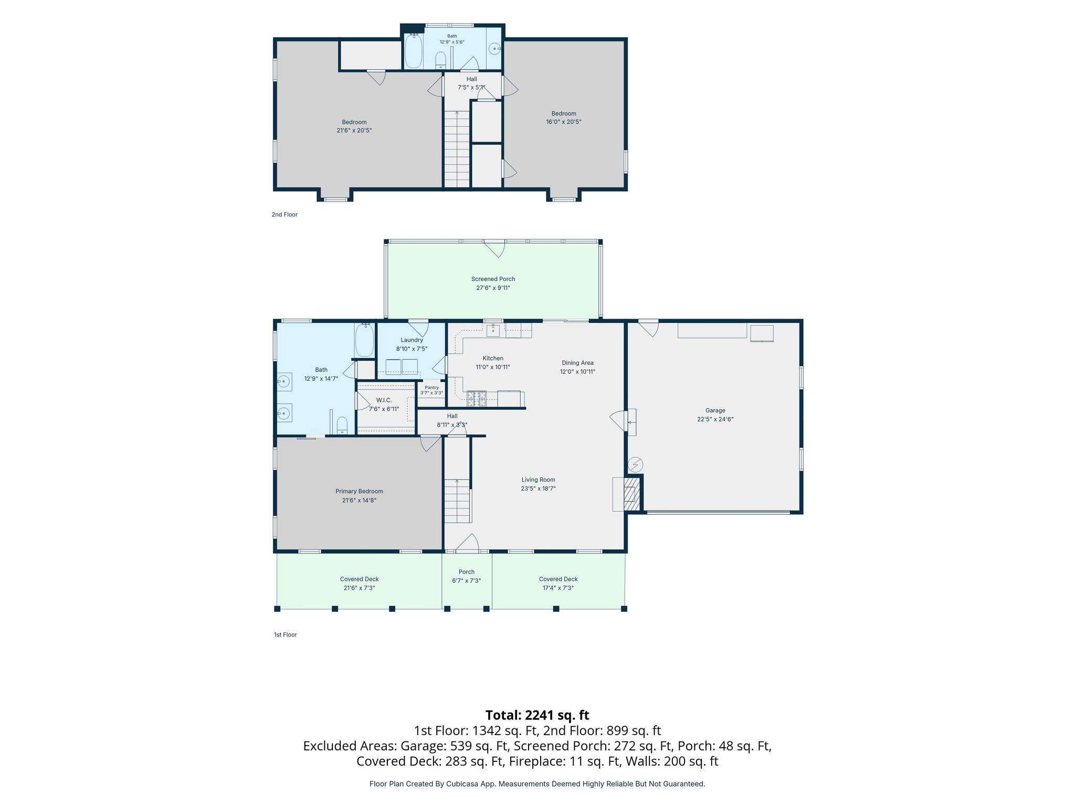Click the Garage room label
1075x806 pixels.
pyautogui.click(x=715, y=410)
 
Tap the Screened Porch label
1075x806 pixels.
pyautogui.click(x=493, y=279)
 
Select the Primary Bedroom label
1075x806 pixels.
pyautogui.click(x=359, y=491)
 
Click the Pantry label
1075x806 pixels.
pyautogui.click(x=431, y=387)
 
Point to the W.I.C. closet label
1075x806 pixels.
pyautogui.click(x=384, y=400)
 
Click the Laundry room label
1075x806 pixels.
pyautogui.click(x=412, y=340)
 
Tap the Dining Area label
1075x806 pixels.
pyautogui.click(x=577, y=363)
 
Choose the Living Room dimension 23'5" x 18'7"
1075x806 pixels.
pyautogui.click(x=538, y=489)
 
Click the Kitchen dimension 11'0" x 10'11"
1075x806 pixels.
pyautogui.click(x=493, y=367)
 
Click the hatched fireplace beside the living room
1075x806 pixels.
pyautogui.click(x=632, y=494)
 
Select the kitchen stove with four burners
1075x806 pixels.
pyautogui.click(x=477, y=399)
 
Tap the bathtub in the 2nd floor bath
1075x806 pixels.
pyautogui.click(x=414, y=51)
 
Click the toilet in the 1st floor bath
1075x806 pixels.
pyautogui.click(x=342, y=426)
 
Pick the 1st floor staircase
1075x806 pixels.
pyautogui.click(x=457, y=501)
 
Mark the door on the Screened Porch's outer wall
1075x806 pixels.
pyautogui.click(x=494, y=248)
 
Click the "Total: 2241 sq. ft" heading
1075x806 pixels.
pyautogui.click(x=537, y=715)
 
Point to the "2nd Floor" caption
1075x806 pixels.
pyautogui.click(x=284, y=215)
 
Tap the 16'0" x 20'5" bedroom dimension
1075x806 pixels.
pyautogui.click(x=564, y=122)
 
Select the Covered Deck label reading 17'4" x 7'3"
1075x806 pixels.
pyautogui.click(x=558, y=588)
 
